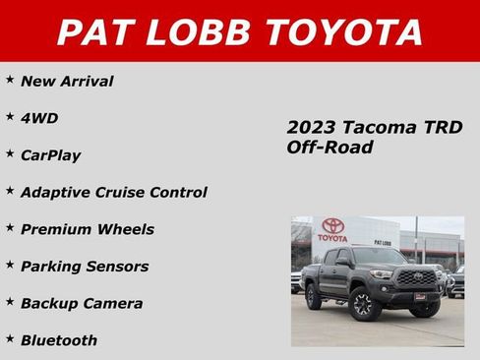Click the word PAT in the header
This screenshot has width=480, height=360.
94,31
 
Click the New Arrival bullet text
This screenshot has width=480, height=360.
67,82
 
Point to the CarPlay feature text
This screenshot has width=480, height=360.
51,155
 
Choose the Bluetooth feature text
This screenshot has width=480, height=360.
59,340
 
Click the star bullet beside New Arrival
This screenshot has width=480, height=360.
9,78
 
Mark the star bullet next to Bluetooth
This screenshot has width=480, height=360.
9,336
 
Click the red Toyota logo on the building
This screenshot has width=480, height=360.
332,226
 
